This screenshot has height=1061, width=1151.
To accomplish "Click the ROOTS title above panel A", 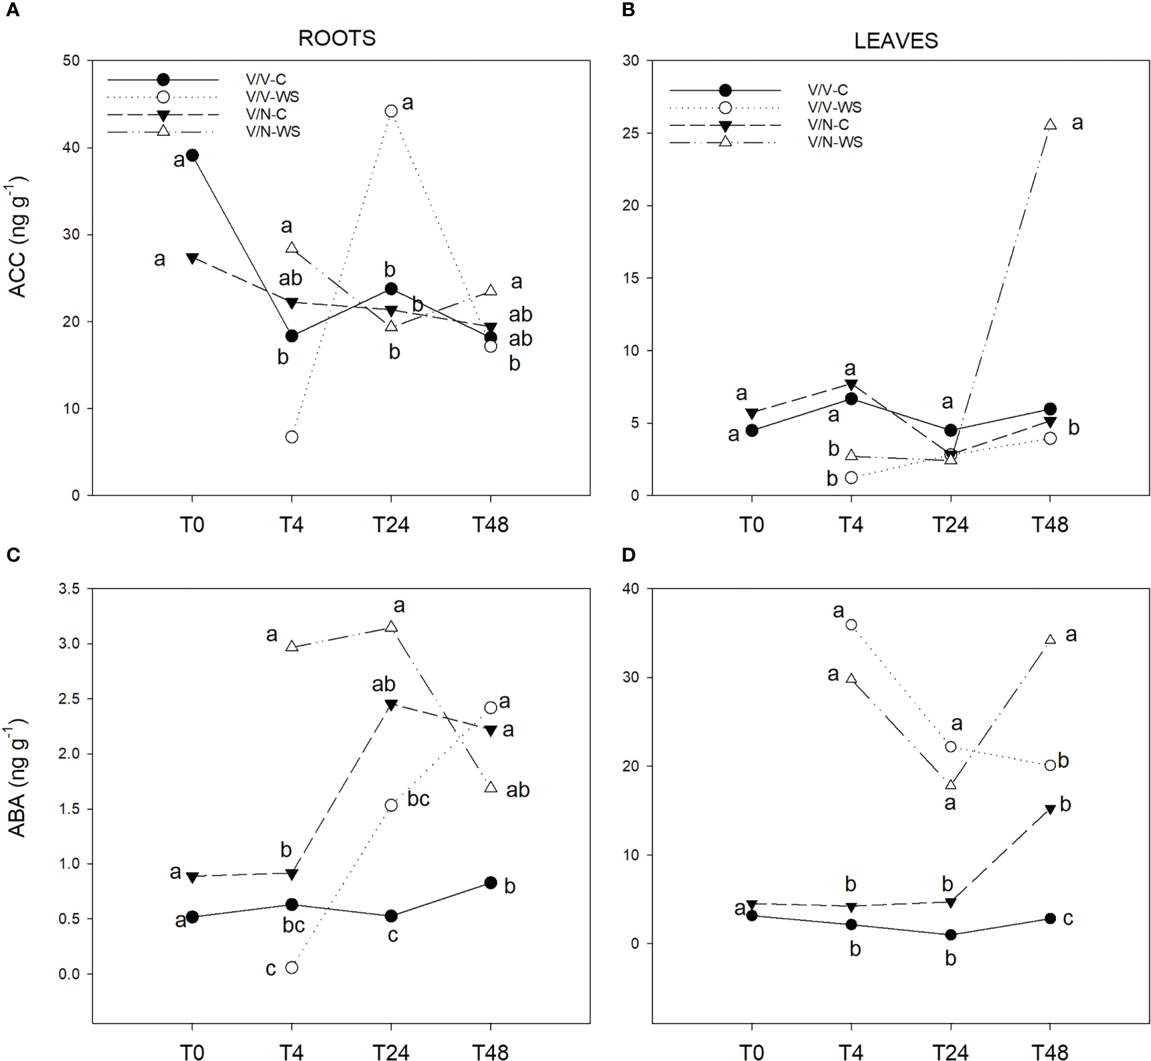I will [x=337, y=38].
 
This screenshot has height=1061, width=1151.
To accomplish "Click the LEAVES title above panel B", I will [x=896, y=41].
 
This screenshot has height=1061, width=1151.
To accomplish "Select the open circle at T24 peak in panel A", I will [x=391, y=111].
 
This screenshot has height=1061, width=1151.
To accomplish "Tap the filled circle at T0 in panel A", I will [x=192, y=155].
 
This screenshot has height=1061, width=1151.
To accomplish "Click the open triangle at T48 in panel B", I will [x=1050, y=125].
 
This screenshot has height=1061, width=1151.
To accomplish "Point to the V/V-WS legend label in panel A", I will [x=273, y=97].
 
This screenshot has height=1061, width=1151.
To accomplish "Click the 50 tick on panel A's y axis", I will [x=71, y=61].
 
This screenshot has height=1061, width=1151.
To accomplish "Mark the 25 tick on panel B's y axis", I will [x=630, y=133].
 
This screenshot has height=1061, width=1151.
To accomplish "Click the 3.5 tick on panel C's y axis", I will [x=68, y=589].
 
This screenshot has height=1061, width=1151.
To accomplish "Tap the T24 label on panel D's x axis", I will [x=950, y=1052].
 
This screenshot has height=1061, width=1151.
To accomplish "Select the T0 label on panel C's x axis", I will [x=192, y=1052].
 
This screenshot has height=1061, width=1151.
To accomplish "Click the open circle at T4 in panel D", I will [x=851, y=625].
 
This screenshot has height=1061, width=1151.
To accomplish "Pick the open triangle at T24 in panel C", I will [x=391, y=627].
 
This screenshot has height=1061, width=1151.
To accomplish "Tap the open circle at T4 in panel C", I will [x=291, y=967].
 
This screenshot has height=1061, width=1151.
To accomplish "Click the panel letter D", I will [x=628, y=554].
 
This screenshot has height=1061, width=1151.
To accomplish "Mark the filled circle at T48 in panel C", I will [x=490, y=883].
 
